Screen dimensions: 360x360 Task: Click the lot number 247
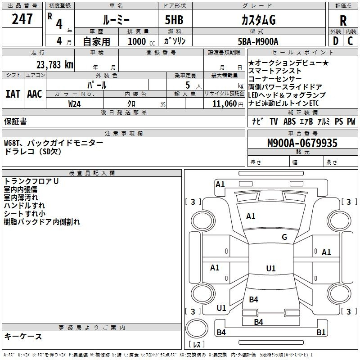(22, 18)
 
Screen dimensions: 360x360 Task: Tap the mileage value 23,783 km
(55, 65)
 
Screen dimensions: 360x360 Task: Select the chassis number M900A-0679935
(302, 143)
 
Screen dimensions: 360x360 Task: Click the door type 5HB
(174, 20)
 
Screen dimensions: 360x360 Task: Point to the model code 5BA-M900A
(258, 41)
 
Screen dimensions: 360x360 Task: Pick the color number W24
(74, 104)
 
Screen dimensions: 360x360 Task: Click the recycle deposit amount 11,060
(225, 104)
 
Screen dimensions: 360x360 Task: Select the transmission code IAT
(13, 94)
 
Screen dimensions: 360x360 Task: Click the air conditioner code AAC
(35, 94)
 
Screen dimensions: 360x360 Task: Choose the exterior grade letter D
(336, 41)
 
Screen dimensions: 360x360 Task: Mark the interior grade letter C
(350, 41)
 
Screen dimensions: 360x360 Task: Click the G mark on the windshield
(284, 237)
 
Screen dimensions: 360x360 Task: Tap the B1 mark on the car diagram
(321, 332)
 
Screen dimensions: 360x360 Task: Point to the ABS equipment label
(289, 121)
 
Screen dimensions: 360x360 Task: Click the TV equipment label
(274, 121)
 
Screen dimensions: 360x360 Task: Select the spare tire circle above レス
(197, 328)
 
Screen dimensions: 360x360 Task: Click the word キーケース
(23, 336)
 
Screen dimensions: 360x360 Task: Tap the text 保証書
(15, 121)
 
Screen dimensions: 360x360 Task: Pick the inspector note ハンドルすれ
(24, 206)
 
